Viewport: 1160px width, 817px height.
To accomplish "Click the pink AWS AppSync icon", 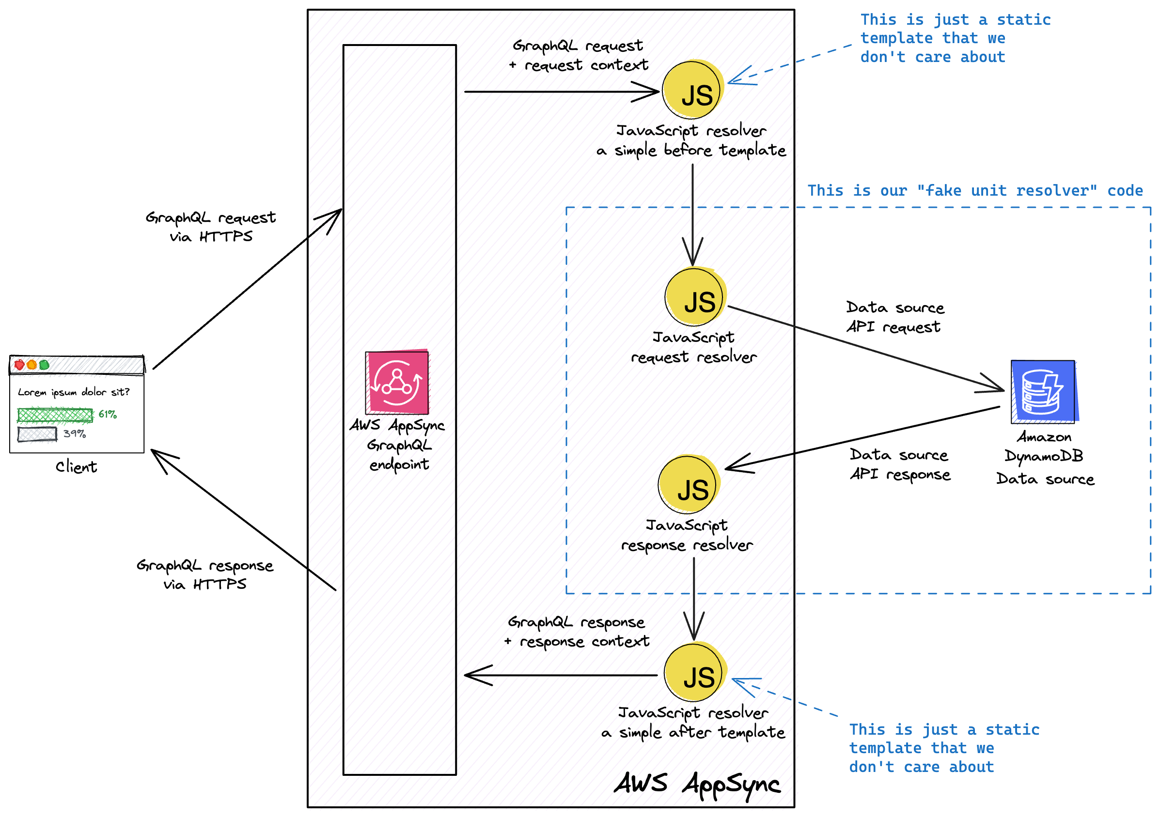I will [x=397, y=382].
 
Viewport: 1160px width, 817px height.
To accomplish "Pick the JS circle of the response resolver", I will [x=688, y=485].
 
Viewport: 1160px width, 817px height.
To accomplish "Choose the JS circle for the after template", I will [x=695, y=673].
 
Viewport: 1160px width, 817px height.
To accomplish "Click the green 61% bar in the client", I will [x=55, y=415].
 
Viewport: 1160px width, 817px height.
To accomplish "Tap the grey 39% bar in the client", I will [x=37, y=434].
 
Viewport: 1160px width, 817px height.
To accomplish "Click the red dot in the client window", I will [x=20, y=365].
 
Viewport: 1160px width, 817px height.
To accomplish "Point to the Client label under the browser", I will [x=76, y=466].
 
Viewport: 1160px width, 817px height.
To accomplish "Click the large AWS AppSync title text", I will [x=697, y=784].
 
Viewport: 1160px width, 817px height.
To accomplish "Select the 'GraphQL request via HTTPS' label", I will [x=211, y=227].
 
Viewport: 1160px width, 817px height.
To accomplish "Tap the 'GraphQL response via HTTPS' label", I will [x=204, y=575].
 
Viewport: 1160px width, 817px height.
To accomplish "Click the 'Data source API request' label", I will [x=894, y=317].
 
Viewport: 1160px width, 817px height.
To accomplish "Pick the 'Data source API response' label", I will [x=899, y=464].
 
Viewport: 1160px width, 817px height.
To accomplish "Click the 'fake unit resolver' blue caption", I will [x=974, y=191].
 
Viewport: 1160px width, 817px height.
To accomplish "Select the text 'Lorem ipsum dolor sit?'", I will [x=74, y=392].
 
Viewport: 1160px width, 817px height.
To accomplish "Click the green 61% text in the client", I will [x=108, y=415].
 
